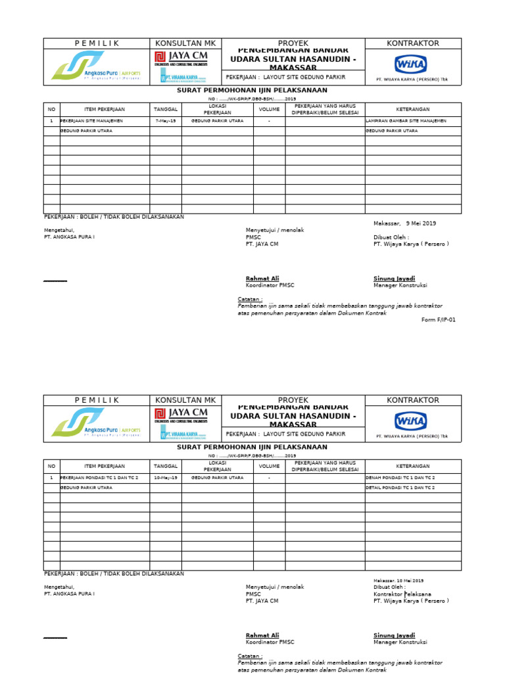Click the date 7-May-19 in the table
tap(165, 121)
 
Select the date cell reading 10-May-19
tap(165, 478)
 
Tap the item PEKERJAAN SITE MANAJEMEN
tap(91, 121)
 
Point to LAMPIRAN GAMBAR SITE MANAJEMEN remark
tap(406, 121)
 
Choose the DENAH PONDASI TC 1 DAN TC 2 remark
tap(400, 478)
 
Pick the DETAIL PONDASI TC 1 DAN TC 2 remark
tap(400, 488)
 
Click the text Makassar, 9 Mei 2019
tap(404, 223)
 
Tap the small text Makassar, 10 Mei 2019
tap(398, 581)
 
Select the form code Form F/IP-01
tap(438, 320)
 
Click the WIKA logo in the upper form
tap(410, 64)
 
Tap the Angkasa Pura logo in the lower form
tap(96, 422)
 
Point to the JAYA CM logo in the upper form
tap(181, 58)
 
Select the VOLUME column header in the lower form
tap(269, 465)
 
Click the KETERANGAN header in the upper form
tap(412, 109)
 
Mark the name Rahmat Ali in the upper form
tap(262, 279)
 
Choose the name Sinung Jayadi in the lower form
tap(394, 636)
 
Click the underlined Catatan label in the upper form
tap(250, 299)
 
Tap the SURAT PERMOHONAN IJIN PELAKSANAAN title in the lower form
tap(252, 447)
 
